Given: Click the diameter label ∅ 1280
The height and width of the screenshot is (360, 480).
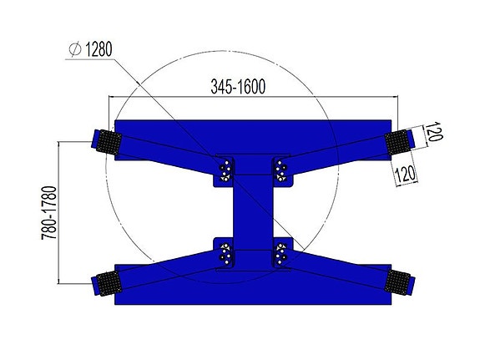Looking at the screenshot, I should click(88, 51).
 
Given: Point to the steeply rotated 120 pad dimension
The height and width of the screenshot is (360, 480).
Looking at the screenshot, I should click(434, 134).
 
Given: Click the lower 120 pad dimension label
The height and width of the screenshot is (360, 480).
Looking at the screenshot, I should click(407, 172).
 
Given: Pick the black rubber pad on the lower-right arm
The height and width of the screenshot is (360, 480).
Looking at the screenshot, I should click(399, 281).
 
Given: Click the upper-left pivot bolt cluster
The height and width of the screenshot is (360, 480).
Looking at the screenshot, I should click(224, 171).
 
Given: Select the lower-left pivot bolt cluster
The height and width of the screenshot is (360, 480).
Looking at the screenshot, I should click(224, 253).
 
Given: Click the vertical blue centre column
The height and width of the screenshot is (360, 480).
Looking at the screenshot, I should click(252, 212).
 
